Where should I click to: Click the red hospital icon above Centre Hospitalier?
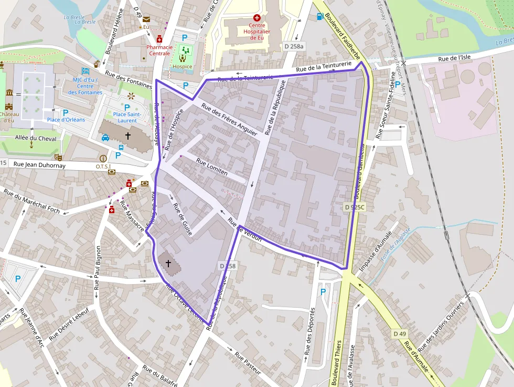click(257, 17)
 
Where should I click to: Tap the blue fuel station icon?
click(319, 16)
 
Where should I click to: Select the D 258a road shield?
click(293, 46)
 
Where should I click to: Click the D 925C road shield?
click(355, 207)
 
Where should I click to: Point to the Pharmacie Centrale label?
click(159, 50)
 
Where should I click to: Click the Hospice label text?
click(183, 67)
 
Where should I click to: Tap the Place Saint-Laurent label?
click(127, 117)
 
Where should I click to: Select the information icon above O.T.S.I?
click(103, 158)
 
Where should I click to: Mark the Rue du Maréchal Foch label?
click(31, 202)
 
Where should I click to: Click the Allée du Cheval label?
click(36, 139)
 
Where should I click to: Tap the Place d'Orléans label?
click(66, 120)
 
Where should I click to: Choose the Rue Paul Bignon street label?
click(97, 268)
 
